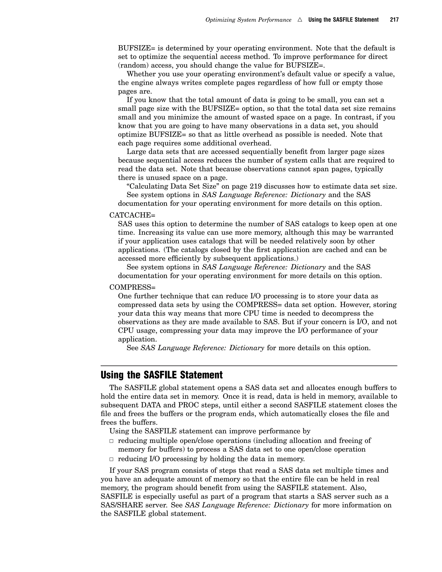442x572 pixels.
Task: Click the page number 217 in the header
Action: pos(394,20)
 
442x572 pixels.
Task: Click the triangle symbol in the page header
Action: pos(300,20)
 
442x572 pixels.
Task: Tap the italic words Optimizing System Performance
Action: pos(248,20)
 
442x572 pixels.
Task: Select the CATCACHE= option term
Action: pos(132,215)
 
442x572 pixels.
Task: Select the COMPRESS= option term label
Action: pos(132,287)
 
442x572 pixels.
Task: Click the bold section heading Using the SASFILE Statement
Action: pos(162,375)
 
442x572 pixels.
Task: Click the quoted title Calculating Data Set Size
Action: pos(174,186)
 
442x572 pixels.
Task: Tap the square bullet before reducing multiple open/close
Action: pos(112,441)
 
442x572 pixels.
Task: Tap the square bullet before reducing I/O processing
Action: pos(112,459)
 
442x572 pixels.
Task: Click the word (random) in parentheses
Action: pos(133,65)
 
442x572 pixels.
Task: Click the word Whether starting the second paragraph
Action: pos(141,74)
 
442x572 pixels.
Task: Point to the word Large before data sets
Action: pos(136,152)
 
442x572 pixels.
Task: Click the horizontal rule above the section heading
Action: pos(249,366)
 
